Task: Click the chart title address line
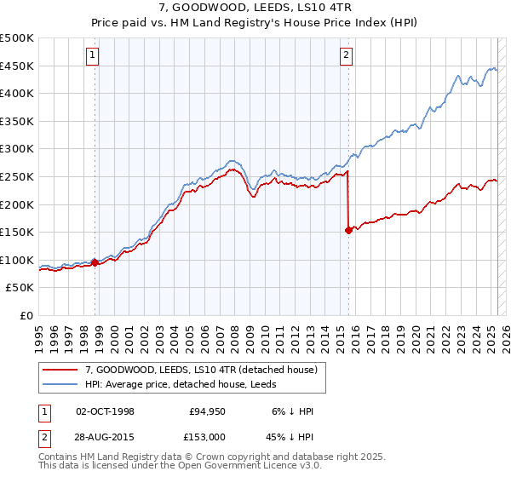[x=255, y=8]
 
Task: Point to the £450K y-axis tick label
[x=17, y=66]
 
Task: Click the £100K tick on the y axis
[x=17, y=260]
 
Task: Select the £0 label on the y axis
[x=27, y=315]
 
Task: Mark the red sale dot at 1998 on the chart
[x=95, y=262]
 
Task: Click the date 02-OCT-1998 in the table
[x=105, y=411]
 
